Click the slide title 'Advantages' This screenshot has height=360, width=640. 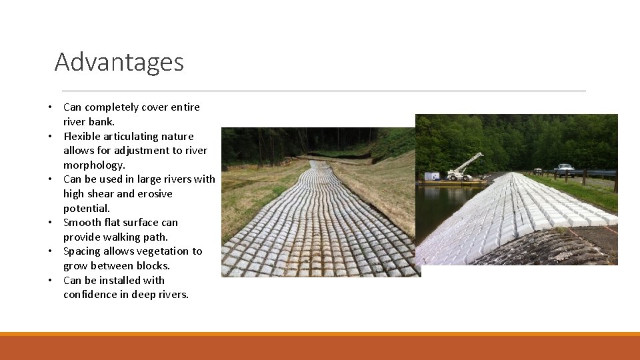click(119, 62)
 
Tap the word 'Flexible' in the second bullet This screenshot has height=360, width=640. click(82, 136)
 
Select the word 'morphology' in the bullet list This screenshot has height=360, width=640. click(93, 165)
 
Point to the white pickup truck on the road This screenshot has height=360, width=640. click(563, 169)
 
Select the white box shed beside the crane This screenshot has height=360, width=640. click(432, 176)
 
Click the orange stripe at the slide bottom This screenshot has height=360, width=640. click(320, 334)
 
